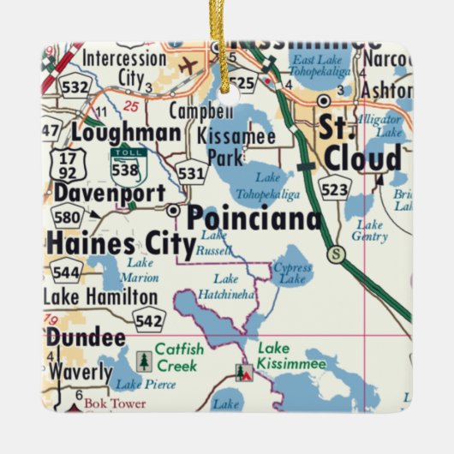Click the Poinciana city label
click(x=254, y=218)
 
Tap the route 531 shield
click(x=191, y=172)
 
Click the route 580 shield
click(x=68, y=216)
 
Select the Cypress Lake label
click(x=292, y=272)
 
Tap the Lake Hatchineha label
click(x=227, y=285)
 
